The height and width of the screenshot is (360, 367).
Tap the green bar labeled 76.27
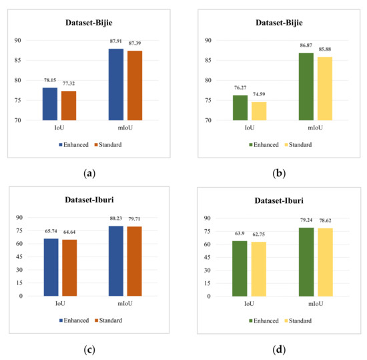[240, 108]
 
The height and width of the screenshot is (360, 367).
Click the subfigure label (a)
[89, 173]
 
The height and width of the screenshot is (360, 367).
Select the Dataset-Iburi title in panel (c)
[90, 199]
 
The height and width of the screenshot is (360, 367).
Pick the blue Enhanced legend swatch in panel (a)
[61, 144]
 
